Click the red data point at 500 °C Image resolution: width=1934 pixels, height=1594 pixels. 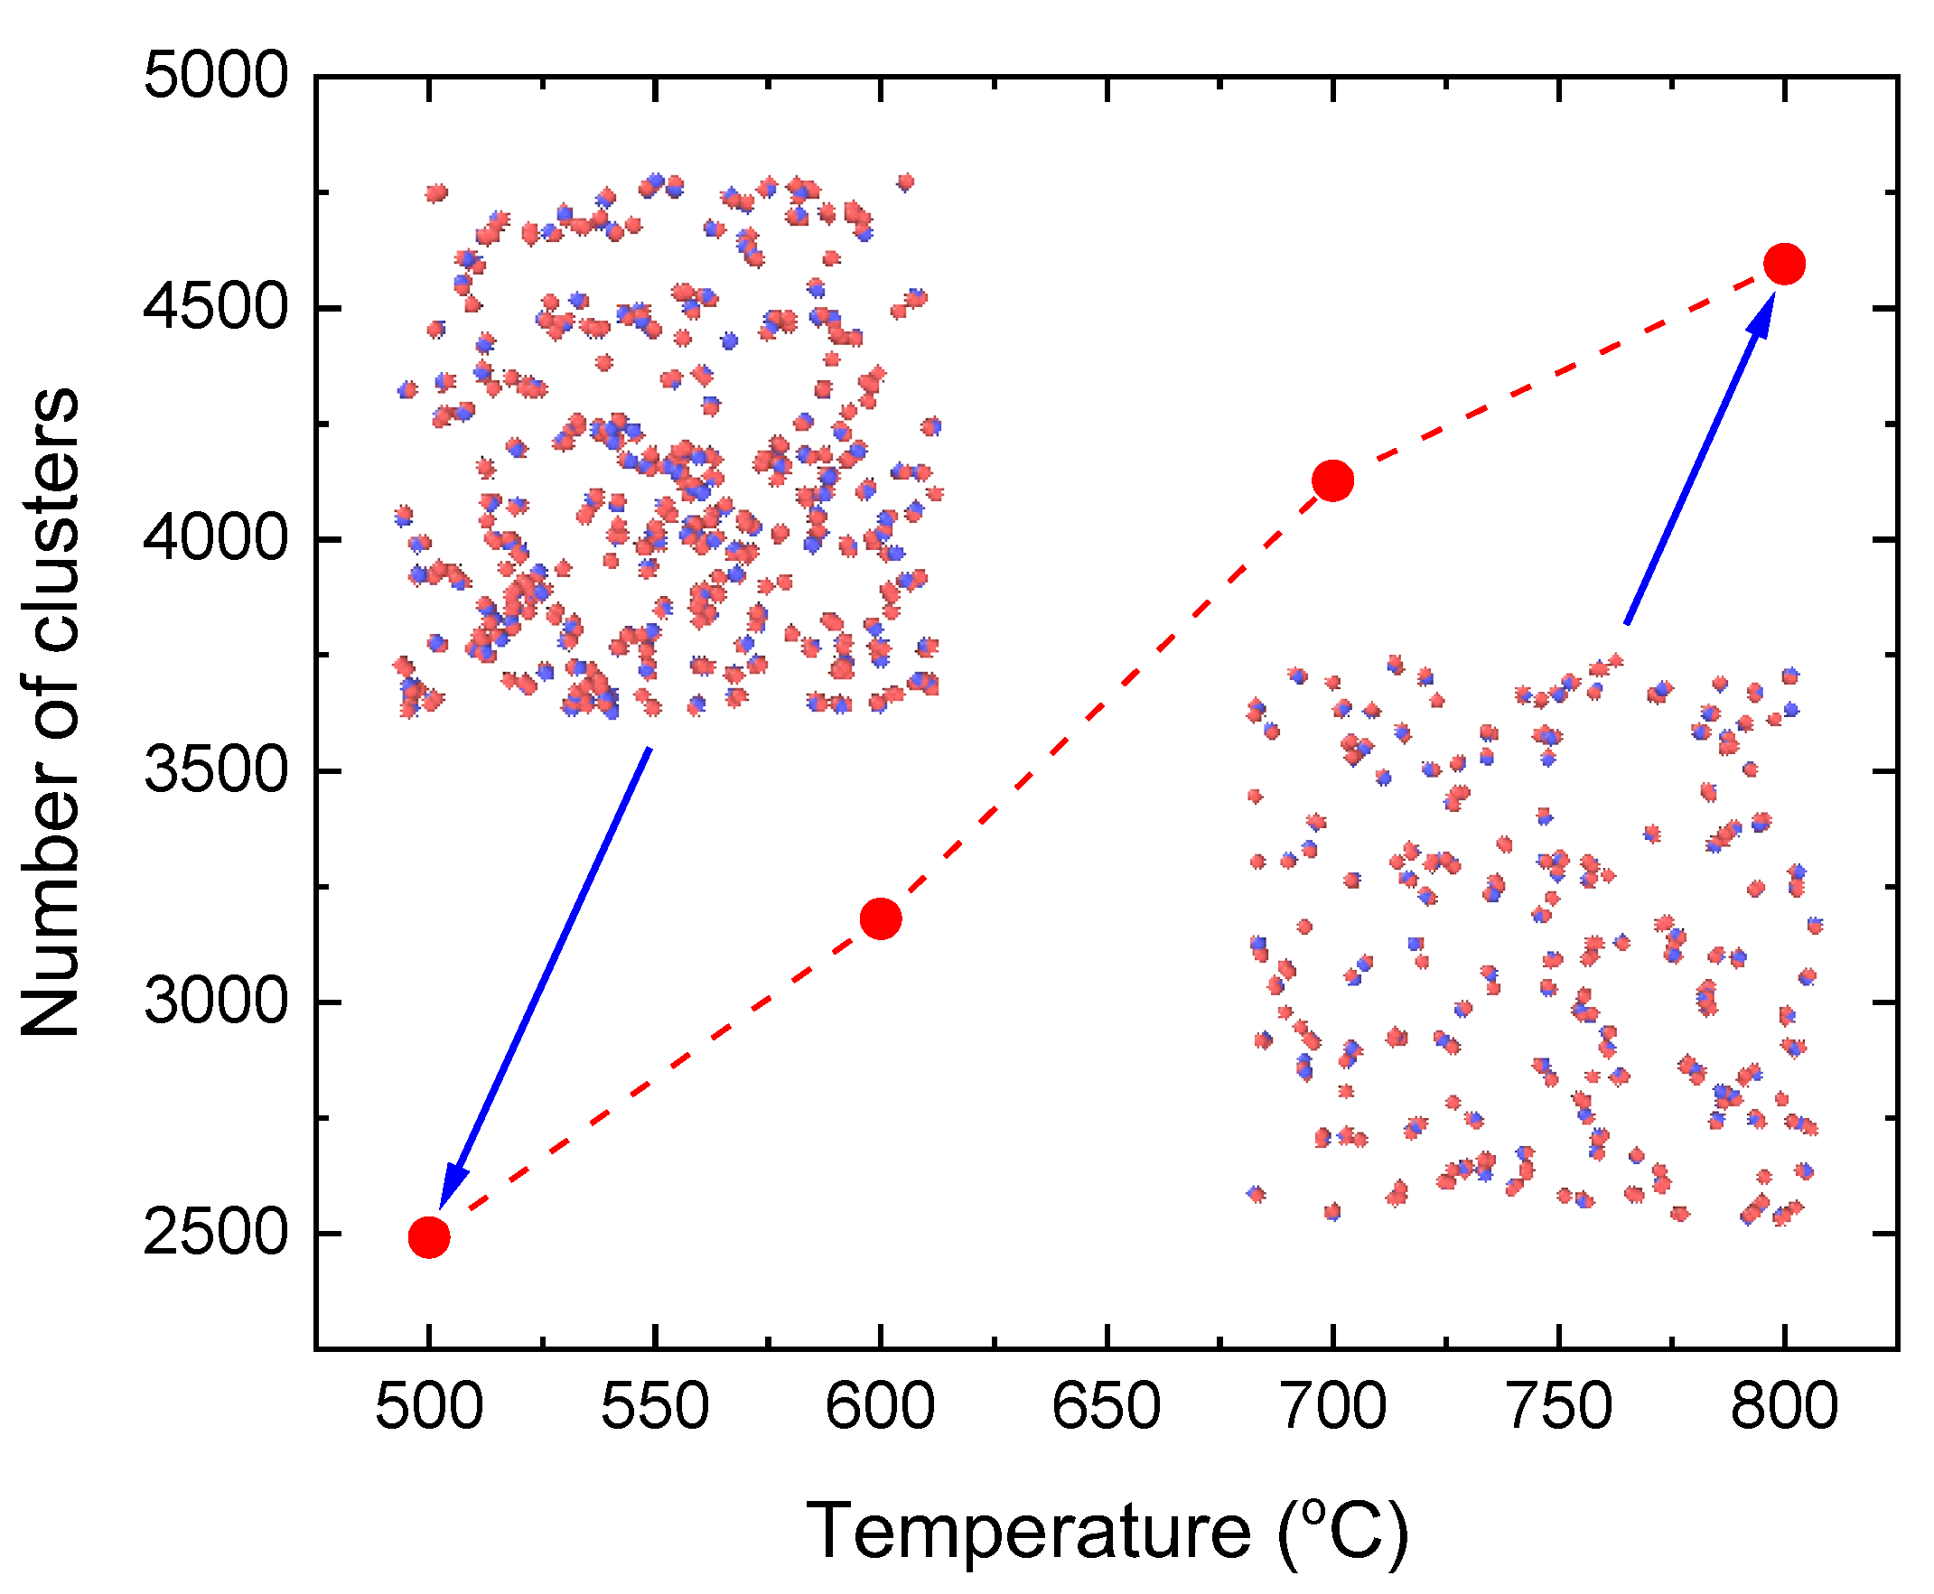(429, 1237)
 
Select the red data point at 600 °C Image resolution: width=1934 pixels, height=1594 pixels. (881, 918)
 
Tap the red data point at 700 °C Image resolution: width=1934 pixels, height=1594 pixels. (1332, 480)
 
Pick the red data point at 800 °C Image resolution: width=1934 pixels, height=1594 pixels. (1784, 265)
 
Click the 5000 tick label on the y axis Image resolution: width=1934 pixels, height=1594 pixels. (216, 76)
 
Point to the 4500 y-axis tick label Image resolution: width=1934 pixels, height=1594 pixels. (216, 308)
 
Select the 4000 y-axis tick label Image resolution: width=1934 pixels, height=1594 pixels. (216, 539)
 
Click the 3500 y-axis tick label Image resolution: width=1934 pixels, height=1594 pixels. (216, 770)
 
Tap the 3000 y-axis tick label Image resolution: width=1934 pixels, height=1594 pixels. (216, 1002)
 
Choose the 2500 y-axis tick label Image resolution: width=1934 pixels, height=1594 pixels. (216, 1233)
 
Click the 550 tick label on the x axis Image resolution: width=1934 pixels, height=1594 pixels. (655, 1407)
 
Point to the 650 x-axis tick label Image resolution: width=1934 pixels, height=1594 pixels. (1107, 1407)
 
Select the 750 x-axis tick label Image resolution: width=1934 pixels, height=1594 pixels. (1558, 1407)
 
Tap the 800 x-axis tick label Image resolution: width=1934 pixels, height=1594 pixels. (1784, 1407)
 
